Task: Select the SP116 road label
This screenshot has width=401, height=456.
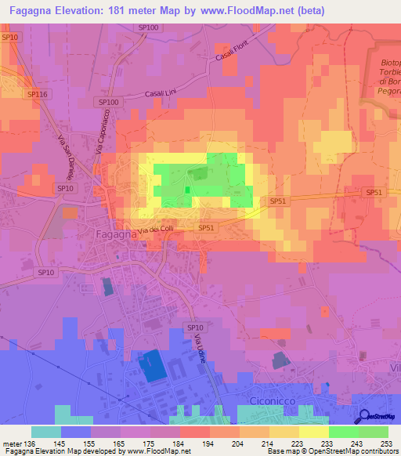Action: (x=38, y=94)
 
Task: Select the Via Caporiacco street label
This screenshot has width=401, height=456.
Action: (x=103, y=133)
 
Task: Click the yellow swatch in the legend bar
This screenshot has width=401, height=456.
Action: (x=314, y=431)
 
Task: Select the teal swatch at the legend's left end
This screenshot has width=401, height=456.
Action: (x=46, y=431)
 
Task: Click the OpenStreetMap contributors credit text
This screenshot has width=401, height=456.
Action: (x=357, y=451)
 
